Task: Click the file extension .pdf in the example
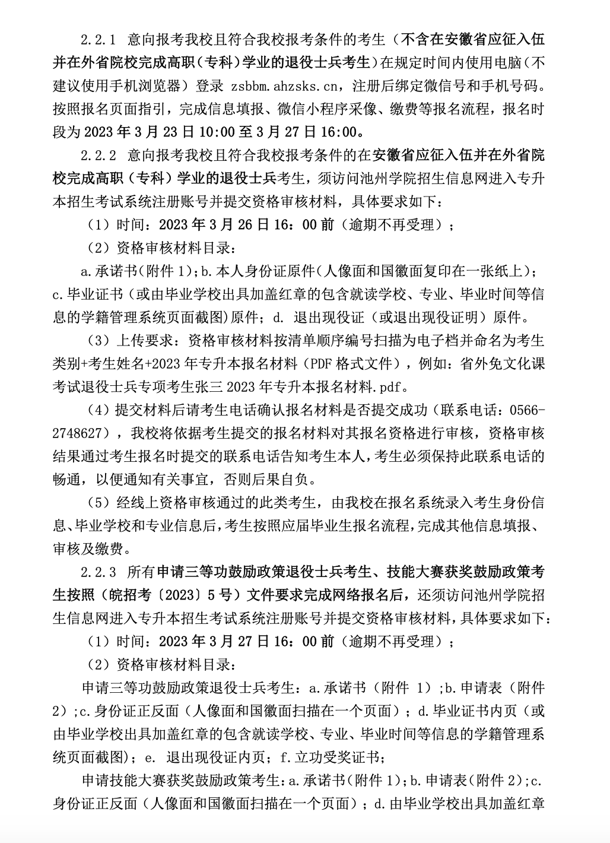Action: click(390, 387)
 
